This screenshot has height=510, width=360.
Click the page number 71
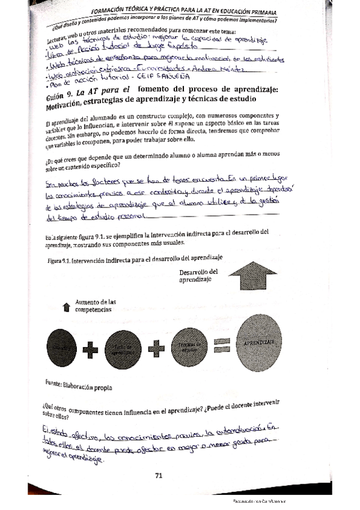coord(159,476)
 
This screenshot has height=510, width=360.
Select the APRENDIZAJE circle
coord(259,342)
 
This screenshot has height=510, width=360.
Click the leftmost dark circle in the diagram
coord(61,347)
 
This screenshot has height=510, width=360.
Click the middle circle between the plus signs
coord(123,347)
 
